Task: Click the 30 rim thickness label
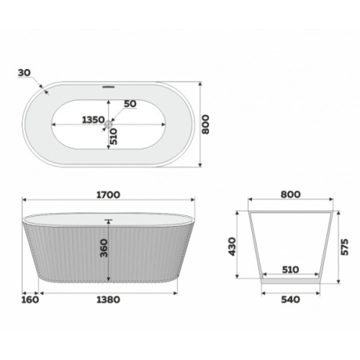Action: [x=24, y=73]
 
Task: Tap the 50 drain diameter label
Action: [x=130, y=104]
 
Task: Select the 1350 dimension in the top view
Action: [x=94, y=120]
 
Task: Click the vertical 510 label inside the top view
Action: [x=114, y=136]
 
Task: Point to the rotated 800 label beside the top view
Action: [x=205, y=125]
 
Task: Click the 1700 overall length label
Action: [x=108, y=195]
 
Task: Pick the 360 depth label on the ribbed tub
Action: [x=104, y=248]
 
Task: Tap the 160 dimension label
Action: [x=30, y=300]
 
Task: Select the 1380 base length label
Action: [x=108, y=300]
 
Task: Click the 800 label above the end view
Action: [x=290, y=194]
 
